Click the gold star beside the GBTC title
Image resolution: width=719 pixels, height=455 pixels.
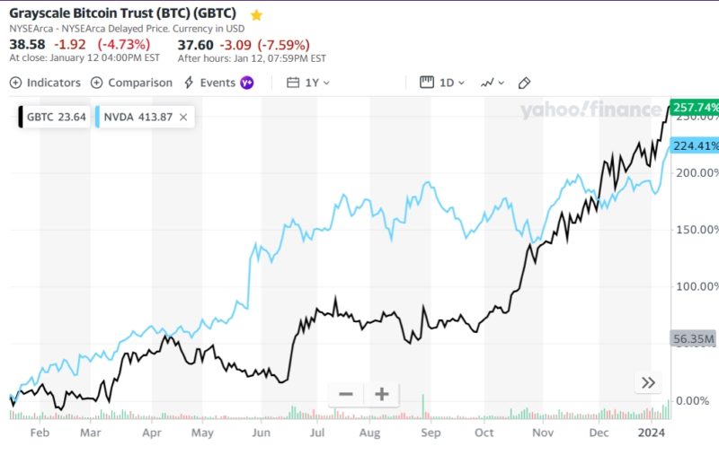pyautogui.click(x=257, y=15)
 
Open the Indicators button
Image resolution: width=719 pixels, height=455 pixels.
pyautogui.click(x=45, y=83)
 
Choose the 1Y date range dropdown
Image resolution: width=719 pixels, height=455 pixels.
pyautogui.click(x=308, y=83)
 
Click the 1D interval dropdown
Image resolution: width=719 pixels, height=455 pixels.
pyautogui.click(x=442, y=83)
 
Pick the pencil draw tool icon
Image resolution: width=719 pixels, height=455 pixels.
pyautogui.click(x=525, y=83)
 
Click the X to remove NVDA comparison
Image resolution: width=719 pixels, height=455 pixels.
pyautogui.click(x=183, y=117)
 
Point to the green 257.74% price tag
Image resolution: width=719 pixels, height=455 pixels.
pyautogui.click(x=695, y=107)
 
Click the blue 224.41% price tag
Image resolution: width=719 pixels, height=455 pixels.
pyautogui.click(x=695, y=146)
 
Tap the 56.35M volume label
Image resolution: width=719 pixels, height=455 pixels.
pyautogui.click(x=693, y=339)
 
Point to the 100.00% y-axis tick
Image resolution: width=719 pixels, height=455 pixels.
pyautogui.click(x=696, y=286)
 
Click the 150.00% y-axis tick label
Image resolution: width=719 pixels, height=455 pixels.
pyautogui.click(x=696, y=230)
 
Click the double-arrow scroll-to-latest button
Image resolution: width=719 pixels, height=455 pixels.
pyautogui.click(x=648, y=383)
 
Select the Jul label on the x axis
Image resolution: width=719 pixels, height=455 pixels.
pyautogui.click(x=316, y=433)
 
